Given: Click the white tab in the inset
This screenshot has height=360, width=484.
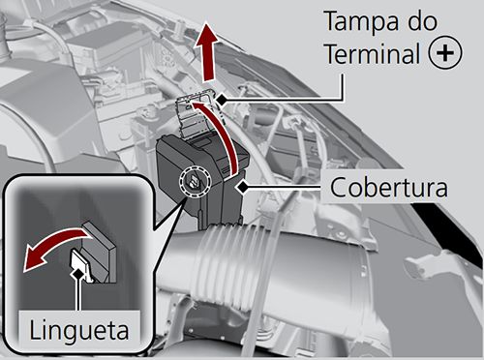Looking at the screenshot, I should click(x=82, y=263).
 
